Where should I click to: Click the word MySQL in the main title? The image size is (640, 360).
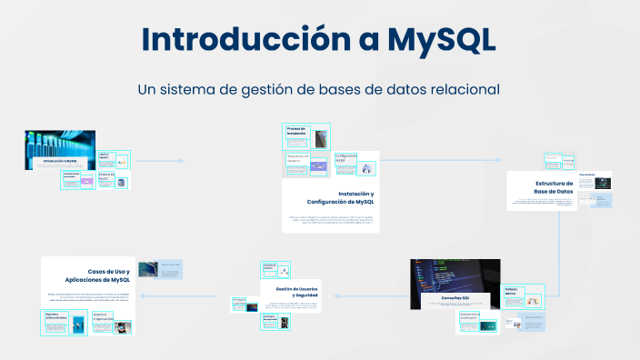pos(441,41)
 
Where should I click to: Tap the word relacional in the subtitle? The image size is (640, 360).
pos(462,90)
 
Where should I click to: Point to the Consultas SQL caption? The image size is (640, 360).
pos(454,297)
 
